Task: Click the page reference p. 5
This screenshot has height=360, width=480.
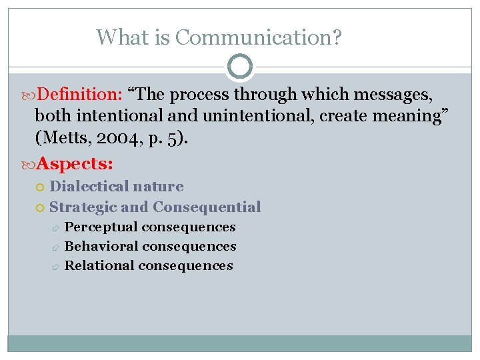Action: click(x=159, y=137)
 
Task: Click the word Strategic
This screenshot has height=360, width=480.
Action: click(x=79, y=207)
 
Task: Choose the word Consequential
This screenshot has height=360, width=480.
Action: click(x=207, y=207)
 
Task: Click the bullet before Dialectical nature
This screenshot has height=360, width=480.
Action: click(x=41, y=187)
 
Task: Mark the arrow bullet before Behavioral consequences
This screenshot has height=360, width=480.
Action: click(x=56, y=247)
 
